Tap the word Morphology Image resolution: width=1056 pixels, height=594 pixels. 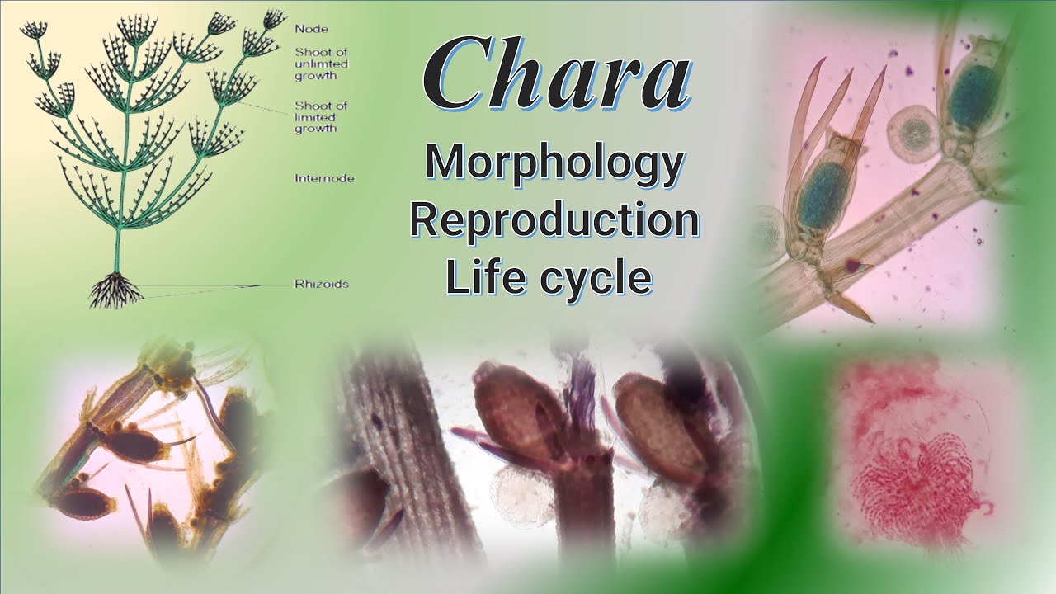554,163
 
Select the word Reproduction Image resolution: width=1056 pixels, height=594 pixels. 554,220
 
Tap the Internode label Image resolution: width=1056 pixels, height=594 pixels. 324,177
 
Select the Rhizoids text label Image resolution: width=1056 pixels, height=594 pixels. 321,285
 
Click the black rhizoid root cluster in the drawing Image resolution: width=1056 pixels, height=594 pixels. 115,290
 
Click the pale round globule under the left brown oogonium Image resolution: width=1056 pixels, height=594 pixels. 521,498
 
